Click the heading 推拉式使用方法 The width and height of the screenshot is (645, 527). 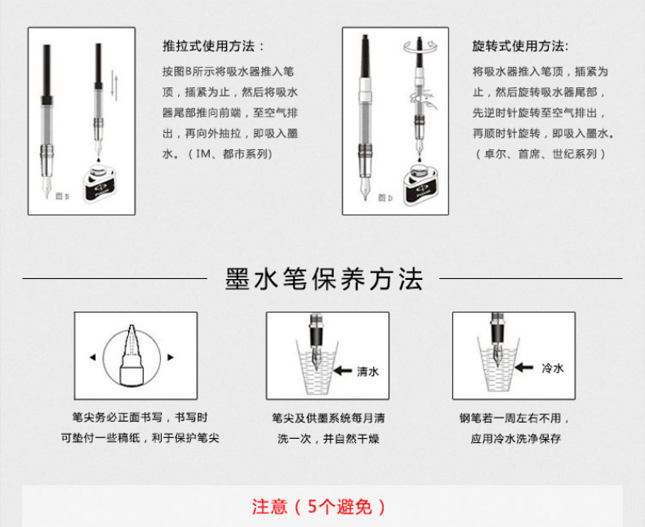coord(209,46)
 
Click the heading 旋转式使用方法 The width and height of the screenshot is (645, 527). coord(518,46)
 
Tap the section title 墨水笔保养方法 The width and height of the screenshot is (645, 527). coord(324,279)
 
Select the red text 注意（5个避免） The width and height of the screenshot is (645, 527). coord(318,507)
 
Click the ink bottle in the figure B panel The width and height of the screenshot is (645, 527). coord(99,182)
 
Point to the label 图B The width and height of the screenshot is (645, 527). coord(63,196)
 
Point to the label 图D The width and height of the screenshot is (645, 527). coord(385,197)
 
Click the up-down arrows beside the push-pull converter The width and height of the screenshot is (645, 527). coord(115,86)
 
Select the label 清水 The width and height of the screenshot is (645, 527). coord(367,372)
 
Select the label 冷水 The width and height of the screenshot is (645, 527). coord(553,368)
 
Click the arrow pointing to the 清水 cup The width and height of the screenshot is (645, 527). coord(342,371)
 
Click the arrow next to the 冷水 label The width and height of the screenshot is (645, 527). coord(524,367)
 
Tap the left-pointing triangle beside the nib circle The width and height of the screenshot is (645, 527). coord(93,357)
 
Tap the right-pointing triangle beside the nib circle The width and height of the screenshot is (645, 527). coord(171,357)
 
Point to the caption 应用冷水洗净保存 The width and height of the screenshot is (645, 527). coord(516,439)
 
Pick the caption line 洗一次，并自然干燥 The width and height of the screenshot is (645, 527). coord(328,439)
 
